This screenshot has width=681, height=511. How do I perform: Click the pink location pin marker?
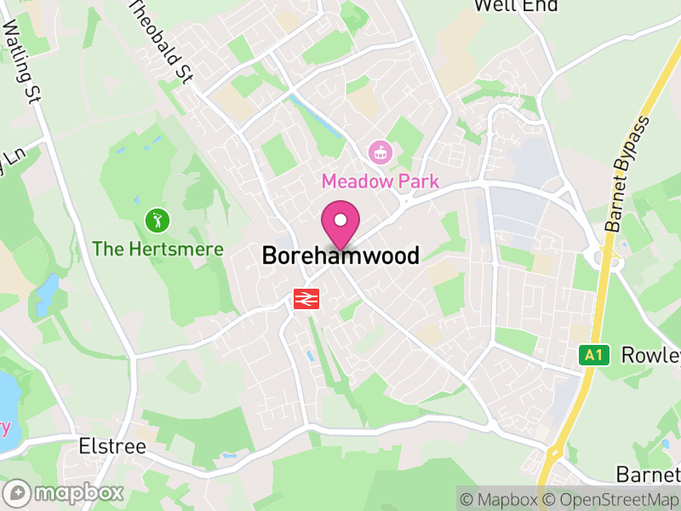click(340, 223)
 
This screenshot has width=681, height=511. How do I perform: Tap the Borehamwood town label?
click(340, 255)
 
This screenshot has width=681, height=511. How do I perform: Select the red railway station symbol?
click(306, 298)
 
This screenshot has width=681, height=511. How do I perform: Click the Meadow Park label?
click(380, 181)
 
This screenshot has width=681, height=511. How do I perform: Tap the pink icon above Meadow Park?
click(379, 153)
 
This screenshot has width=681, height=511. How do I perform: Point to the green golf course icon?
click(157, 221)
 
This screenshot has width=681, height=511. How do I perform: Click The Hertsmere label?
click(157, 250)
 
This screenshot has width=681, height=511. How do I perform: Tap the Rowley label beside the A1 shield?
click(651, 354)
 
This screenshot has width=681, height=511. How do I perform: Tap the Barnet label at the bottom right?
click(649, 474)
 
